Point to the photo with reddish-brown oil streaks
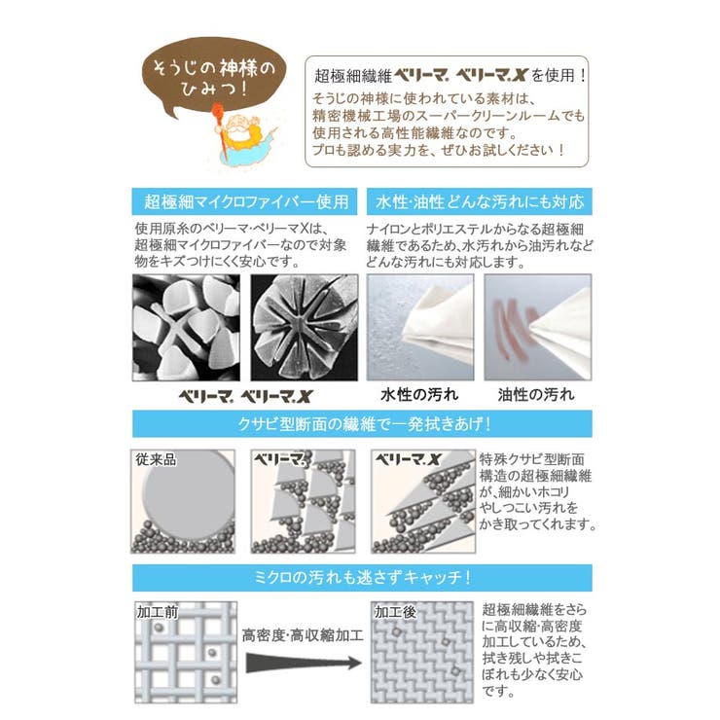pos(537,326)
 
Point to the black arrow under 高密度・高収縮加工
pos(303,665)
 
